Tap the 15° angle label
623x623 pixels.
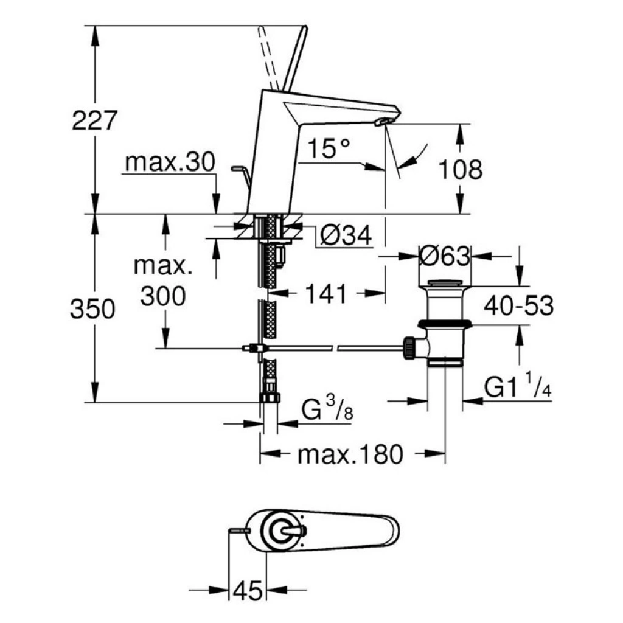pos(329,148)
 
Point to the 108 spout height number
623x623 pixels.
pos(461,169)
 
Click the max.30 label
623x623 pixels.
pos(170,162)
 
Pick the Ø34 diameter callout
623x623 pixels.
pos(346,235)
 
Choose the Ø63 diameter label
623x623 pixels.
pos(445,256)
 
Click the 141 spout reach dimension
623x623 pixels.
pos(326,294)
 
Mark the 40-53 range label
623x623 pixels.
pos(518,305)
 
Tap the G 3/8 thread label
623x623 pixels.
pos(327,409)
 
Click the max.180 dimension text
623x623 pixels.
pos(350,454)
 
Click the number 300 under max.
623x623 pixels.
pos(163,296)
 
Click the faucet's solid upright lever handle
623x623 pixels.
pos(296,60)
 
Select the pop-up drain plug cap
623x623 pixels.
pos(445,284)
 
